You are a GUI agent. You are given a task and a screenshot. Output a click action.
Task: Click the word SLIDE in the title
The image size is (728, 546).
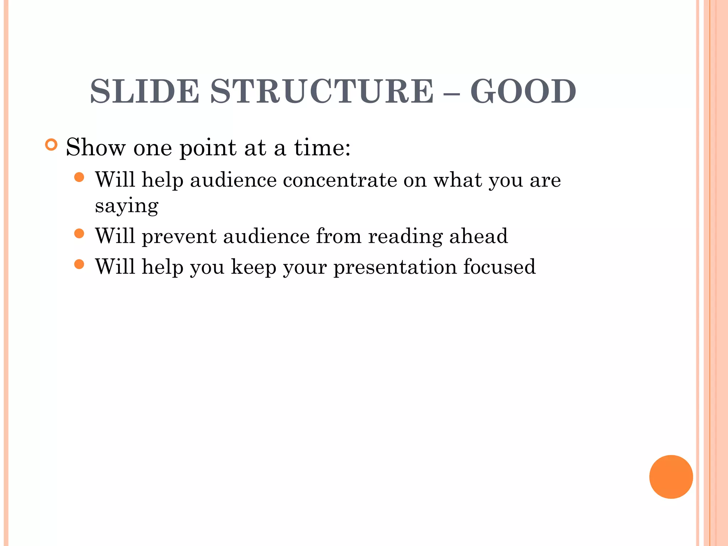coord(144,91)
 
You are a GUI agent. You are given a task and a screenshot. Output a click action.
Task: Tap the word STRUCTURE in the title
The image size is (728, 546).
coord(322,91)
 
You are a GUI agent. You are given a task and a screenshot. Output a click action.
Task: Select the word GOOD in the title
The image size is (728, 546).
coord(523,91)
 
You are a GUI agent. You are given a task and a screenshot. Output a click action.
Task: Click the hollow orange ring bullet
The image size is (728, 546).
coord(52,145)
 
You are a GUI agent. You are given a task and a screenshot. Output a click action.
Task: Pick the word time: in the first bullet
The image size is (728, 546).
coord(322,147)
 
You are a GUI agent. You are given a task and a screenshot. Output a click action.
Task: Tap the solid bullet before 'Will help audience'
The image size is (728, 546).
coord(79,177)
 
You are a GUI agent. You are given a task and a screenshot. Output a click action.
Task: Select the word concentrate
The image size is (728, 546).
coord(340,180)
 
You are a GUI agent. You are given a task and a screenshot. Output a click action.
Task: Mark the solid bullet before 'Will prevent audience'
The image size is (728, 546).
coord(79,234)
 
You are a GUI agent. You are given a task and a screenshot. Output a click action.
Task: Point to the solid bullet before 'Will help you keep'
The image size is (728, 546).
coord(79,264)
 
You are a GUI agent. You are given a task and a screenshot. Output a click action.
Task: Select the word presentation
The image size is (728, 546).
coord(395,267)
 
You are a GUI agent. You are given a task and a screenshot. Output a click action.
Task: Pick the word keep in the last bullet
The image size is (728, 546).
coord(253,267)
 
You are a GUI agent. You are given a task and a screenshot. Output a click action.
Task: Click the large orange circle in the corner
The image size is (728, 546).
coord(671,477)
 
